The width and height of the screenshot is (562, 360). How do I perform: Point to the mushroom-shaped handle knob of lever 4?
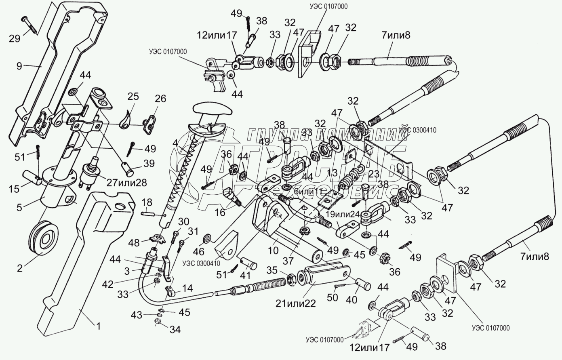click(x=211, y=110)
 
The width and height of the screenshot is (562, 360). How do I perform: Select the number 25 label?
click(x=133, y=97)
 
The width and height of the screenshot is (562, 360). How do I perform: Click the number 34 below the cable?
click(x=175, y=330)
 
